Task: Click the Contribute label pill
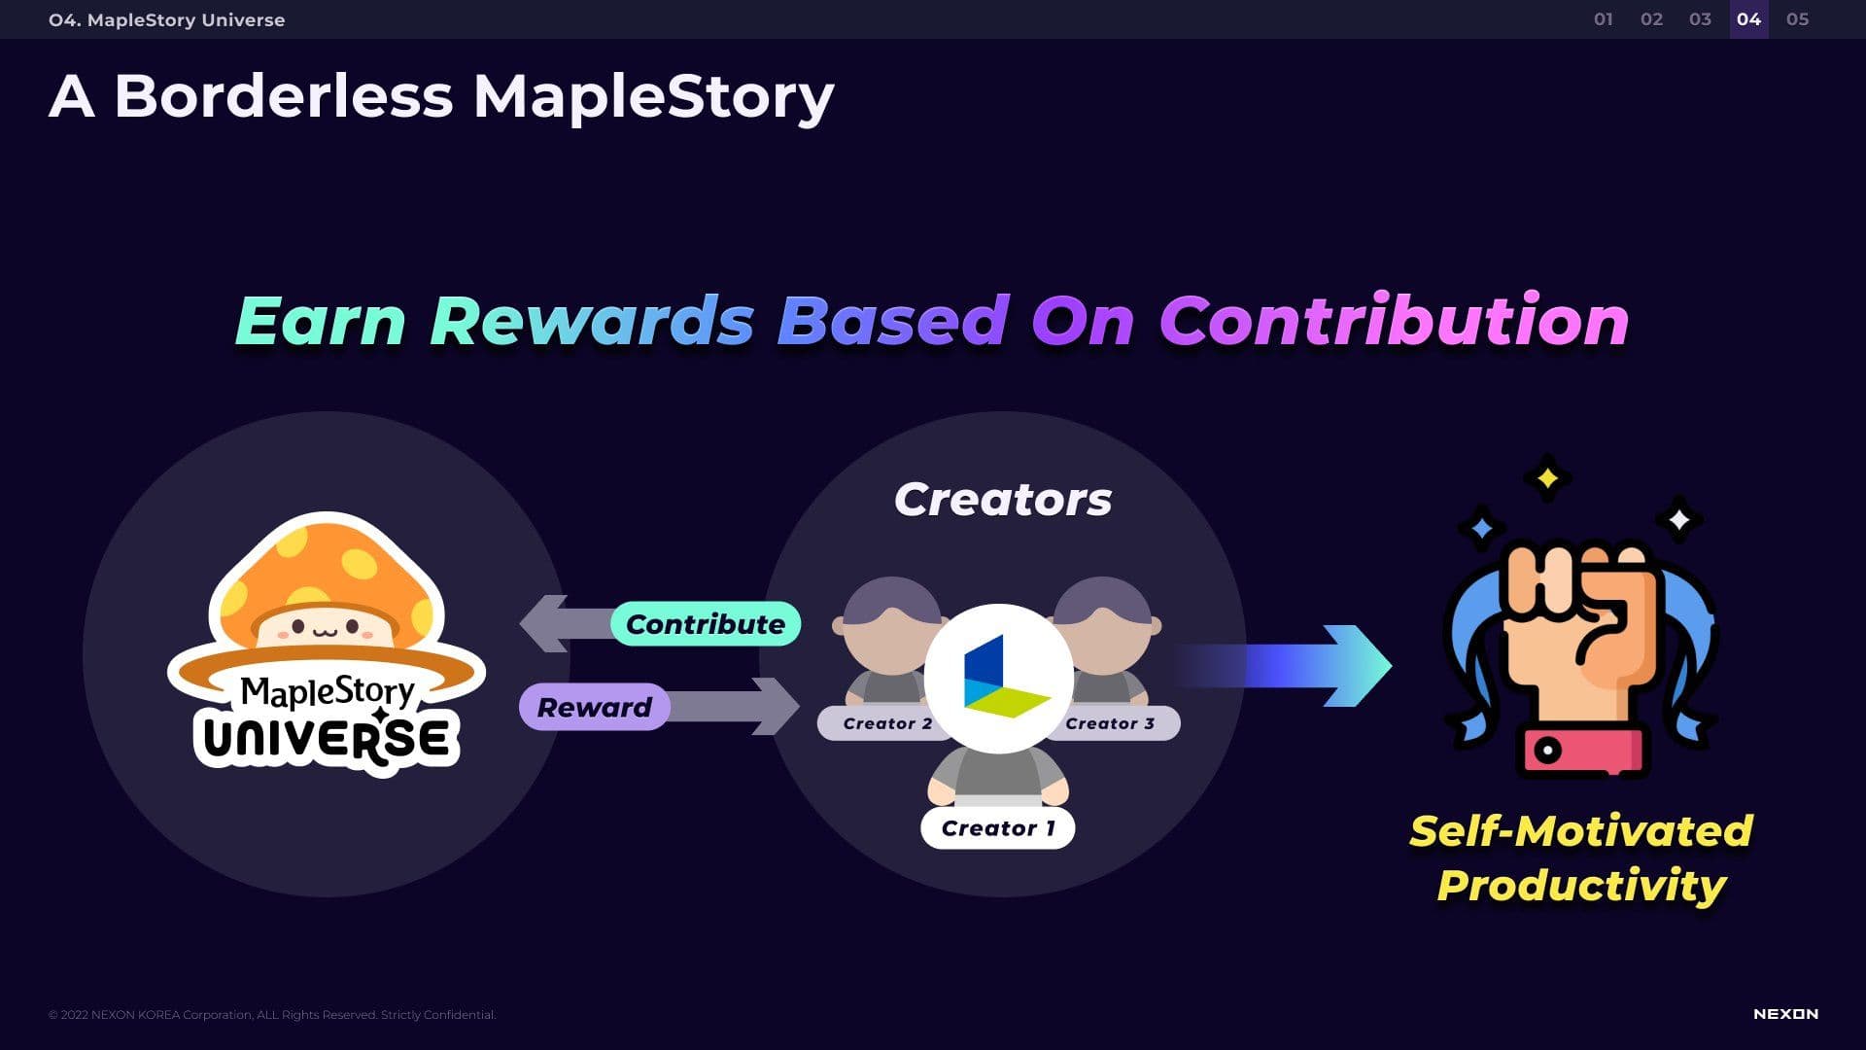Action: [706, 624]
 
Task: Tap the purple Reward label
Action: [594, 707]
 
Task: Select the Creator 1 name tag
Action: [998, 828]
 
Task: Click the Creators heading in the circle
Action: [1003, 500]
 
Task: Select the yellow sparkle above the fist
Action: [1547, 478]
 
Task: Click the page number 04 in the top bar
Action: [1748, 19]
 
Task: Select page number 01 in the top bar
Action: [1604, 19]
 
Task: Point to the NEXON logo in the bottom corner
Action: [1785, 1014]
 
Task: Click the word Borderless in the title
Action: [283, 96]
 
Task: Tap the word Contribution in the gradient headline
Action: [1394, 321]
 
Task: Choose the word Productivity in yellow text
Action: [1581, 886]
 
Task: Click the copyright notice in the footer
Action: [272, 1015]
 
